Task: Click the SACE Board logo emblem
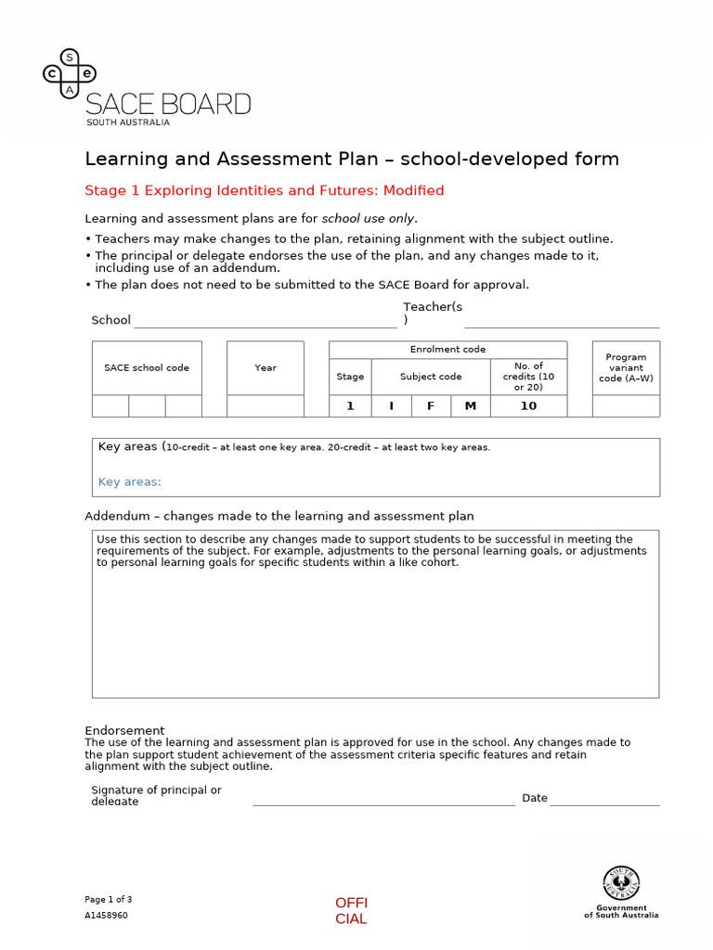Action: (x=70, y=73)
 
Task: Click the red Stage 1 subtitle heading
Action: (x=265, y=190)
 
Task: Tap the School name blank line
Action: (x=265, y=322)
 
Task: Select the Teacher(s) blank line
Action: (x=562, y=322)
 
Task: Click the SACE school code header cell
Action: (x=147, y=368)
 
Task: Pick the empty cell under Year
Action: (x=266, y=405)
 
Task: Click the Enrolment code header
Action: (x=447, y=350)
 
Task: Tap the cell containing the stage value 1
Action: (x=350, y=405)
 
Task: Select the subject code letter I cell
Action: (x=391, y=405)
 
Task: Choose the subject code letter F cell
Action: (x=431, y=405)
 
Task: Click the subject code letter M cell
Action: (x=471, y=405)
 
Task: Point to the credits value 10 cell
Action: (x=528, y=405)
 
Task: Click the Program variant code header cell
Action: (x=626, y=367)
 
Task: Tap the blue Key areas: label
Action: (x=130, y=481)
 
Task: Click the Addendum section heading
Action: (x=279, y=516)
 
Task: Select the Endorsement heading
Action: (x=125, y=730)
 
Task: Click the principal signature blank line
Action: (x=383, y=800)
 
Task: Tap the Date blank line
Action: (x=604, y=800)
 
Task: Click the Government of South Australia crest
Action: (x=621, y=883)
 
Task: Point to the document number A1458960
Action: (x=107, y=915)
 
